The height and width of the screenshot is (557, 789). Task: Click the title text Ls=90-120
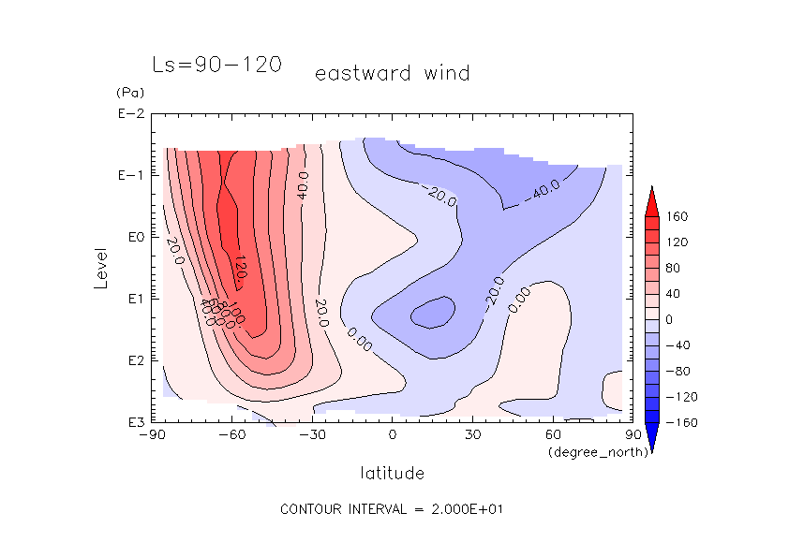pyautogui.click(x=216, y=66)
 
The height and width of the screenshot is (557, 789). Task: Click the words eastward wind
pyautogui.click(x=392, y=73)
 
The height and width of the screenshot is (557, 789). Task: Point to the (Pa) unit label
pyautogui.click(x=127, y=93)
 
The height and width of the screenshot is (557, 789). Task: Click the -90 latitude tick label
pyautogui.click(x=151, y=435)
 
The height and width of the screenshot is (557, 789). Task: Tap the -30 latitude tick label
pyautogui.click(x=312, y=435)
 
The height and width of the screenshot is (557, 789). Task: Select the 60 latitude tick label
pyautogui.click(x=553, y=435)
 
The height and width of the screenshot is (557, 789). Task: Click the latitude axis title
pyautogui.click(x=392, y=473)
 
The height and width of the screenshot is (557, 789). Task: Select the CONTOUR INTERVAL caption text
pyautogui.click(x=393, y=509)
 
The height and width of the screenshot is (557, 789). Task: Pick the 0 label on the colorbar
pyautogui.click(x=670, y=319)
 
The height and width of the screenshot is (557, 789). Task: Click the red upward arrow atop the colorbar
pyautogui.click(x=650, y=198)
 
